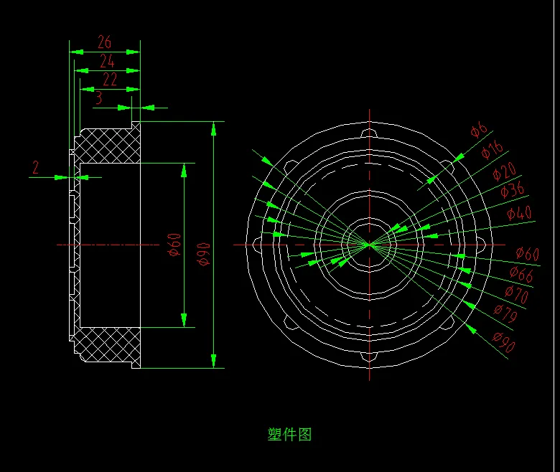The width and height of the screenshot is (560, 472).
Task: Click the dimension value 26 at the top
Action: tap(105, 42)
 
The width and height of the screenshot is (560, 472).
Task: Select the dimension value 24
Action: tap(107, 61)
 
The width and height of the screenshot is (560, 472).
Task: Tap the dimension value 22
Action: tap(110, 80)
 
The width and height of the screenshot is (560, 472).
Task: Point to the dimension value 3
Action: tap(98, 98)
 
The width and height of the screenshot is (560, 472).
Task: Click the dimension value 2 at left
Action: tap(35, 168)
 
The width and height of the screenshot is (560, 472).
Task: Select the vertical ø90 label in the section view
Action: tap(203, 253)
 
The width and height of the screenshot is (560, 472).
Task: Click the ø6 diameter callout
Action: tap(479, 130)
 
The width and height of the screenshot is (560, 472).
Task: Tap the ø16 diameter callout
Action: tap(493, 150)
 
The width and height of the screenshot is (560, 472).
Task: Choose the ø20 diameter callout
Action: tap(505, 172)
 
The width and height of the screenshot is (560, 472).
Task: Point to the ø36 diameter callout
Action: tap(513, 190)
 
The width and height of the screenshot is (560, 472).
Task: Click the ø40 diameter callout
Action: tap(519, 213)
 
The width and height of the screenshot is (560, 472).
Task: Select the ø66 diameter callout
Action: tap(521, 273)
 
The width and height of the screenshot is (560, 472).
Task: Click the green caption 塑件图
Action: tap(289, 434)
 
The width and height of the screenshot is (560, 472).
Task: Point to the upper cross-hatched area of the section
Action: tap(108, 147)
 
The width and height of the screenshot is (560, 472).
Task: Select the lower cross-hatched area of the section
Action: tap(108, 344)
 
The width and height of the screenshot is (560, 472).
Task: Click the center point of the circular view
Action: tap(370, 245)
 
